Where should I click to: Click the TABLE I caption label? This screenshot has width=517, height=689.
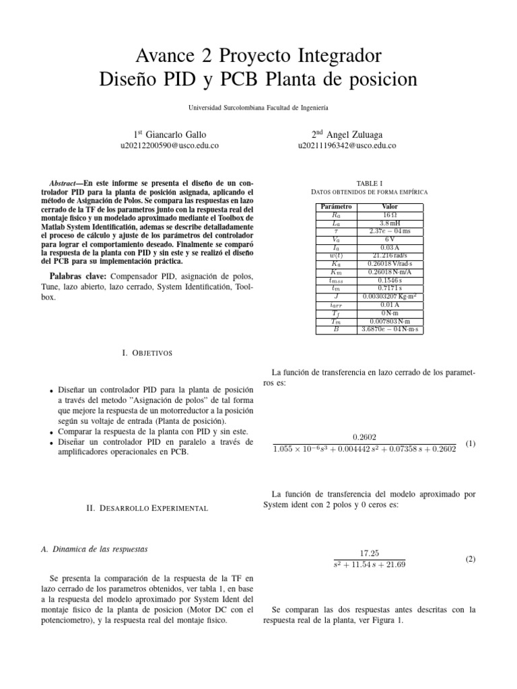click(x=368, y=182)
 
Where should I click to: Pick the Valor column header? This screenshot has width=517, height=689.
click(x=389, y=206)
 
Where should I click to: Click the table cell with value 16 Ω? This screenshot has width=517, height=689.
click(x=389, y=215)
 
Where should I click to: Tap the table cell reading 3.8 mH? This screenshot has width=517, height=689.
click(x=389, y=223)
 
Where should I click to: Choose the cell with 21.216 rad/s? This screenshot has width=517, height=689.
click(x=389, y=256)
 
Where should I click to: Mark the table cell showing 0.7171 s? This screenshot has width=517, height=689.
click(x=389, y=288)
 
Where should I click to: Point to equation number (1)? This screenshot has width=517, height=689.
click(x=471, y=444)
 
